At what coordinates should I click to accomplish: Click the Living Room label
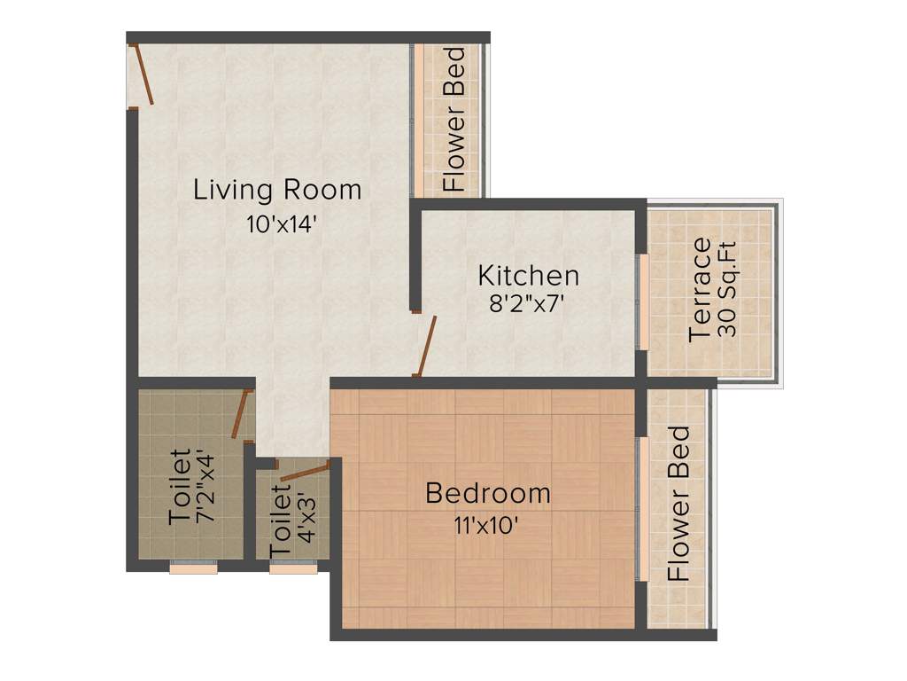click(277, 190)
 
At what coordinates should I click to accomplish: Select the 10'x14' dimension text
click(282, 225)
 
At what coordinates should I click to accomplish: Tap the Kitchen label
click(529, 275)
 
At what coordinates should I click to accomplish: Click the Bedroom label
click(487, 492)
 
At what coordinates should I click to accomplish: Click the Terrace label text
click(701, 288)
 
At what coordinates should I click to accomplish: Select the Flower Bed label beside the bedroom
click(679, 503)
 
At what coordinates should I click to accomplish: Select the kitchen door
click(427, 347)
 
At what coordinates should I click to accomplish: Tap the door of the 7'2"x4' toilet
click(239, 414)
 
